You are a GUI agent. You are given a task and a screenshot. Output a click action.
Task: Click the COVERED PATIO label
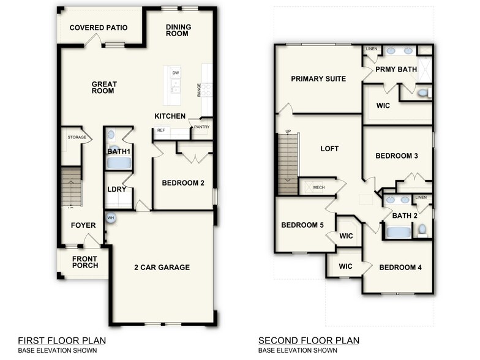(98, 28)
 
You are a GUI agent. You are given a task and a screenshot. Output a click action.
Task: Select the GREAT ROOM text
(104, 88)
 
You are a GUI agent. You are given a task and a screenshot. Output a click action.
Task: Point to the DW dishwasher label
(176, 73)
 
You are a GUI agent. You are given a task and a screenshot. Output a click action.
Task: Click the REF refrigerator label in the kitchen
(161, 130)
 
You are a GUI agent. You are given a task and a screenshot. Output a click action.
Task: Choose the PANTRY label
(201, 127)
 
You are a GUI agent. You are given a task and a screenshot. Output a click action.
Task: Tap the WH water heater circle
(111, 217)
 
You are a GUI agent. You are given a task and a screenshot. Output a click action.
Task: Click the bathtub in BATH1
(119, 163)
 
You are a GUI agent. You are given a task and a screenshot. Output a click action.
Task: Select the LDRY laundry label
(116, 189)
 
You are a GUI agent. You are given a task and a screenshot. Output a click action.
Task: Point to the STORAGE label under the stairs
(77, 137)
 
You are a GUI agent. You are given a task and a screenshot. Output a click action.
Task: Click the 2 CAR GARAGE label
(162, 267)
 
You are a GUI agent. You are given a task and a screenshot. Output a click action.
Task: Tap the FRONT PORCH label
(84, 263)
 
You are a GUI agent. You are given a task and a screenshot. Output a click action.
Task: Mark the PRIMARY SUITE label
(318, 79)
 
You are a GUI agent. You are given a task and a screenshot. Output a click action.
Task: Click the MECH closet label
(318, 187)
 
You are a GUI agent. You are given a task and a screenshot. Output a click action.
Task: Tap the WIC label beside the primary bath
(383, 105)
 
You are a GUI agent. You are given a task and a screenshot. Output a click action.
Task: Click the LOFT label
(329, 149)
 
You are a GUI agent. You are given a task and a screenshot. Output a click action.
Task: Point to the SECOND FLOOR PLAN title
(309, 340)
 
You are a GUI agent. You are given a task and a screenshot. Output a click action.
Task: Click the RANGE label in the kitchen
(199, 90)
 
